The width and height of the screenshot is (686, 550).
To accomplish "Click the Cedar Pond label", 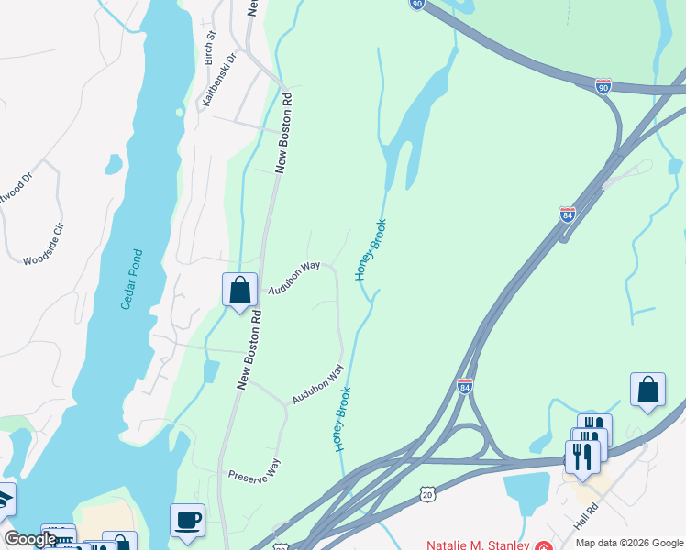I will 132,279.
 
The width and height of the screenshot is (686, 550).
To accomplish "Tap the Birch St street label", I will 210,49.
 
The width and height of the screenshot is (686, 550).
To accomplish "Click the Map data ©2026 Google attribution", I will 629,543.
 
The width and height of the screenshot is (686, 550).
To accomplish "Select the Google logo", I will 30,540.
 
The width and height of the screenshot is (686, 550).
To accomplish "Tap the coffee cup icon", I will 187,520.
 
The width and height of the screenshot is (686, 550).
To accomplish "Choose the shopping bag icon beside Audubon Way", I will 239,290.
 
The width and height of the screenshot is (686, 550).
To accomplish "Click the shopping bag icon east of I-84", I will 647,389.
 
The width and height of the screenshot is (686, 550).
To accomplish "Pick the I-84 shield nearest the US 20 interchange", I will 465,387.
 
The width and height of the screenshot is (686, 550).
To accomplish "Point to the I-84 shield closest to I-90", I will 568,214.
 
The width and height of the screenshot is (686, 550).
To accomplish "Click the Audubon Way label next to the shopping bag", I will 293,279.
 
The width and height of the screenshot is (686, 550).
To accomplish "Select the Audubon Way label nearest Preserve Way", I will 317,385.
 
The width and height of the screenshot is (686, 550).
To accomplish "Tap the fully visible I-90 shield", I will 603,86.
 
